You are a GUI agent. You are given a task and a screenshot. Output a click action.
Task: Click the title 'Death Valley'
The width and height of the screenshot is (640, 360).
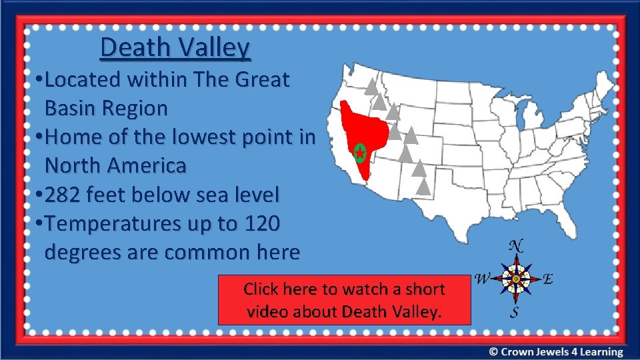point(175,47)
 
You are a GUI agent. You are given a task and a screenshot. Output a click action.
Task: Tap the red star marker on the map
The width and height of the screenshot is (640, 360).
point(360,153)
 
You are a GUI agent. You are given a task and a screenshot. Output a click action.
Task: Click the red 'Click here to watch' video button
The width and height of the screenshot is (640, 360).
point(344,299)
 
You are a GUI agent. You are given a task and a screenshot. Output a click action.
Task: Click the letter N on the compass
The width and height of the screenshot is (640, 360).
point(515,245)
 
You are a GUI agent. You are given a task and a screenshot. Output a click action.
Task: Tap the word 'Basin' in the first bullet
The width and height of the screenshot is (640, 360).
point(73,108)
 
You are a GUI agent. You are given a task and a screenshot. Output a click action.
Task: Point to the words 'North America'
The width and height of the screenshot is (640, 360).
point(115,165)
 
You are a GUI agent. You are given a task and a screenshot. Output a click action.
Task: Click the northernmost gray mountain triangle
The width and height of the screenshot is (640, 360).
point(369,85)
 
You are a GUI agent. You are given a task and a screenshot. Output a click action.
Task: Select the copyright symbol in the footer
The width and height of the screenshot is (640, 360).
point(493,352)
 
